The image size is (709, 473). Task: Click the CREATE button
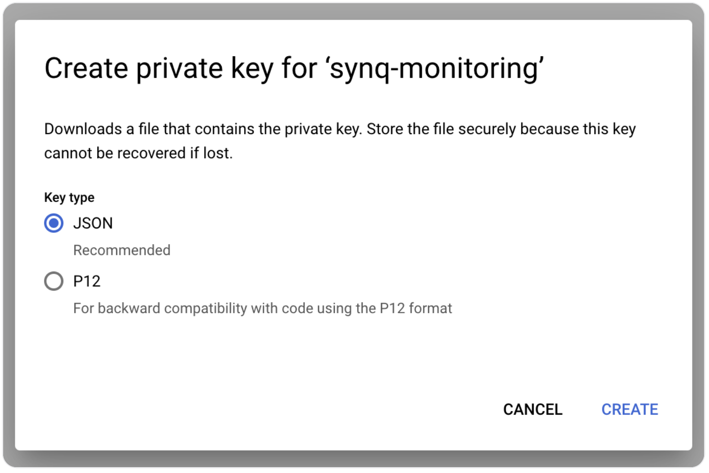click(630, 409)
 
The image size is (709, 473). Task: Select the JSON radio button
click(54, 223)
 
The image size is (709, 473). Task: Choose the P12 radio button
click(54, 281)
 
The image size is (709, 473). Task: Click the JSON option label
click(93, 223)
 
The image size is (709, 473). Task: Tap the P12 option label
click(87, 281)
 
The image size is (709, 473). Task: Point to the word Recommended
click(122, 250)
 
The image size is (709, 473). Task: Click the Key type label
click(69, 198)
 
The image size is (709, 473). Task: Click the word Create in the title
click(87, 68)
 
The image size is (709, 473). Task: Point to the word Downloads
click(83, 129)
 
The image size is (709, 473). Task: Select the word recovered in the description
click(151, 153)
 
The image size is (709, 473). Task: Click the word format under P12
click(430, 308)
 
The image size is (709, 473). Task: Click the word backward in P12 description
click(129, 308)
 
